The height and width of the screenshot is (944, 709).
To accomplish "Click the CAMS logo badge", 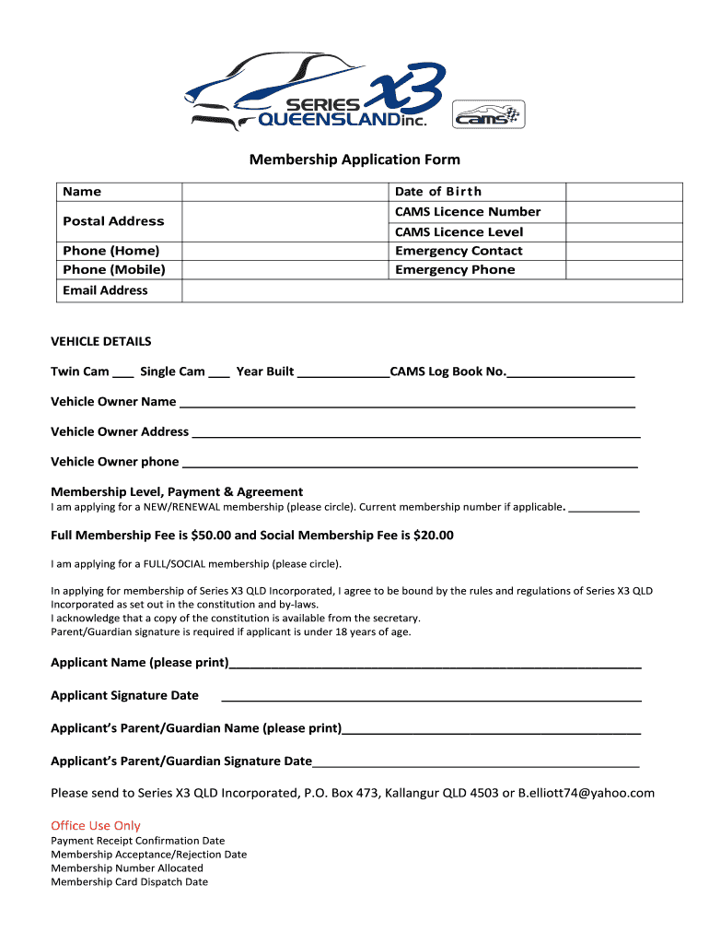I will [x=488, y=114].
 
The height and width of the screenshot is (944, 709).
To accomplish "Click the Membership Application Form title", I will [x=354, y=160].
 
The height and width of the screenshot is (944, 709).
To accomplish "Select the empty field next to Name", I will [x=285, y=192].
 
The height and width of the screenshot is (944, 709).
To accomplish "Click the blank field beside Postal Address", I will [x=285, y=221].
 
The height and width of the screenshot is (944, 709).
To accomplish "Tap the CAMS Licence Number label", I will [x=467, y=212].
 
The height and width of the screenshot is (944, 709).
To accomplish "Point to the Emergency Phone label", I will [x=455, y=270].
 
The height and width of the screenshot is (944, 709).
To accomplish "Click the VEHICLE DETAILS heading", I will [x=101, y=341].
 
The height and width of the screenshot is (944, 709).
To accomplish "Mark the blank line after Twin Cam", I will [x=123, y=373].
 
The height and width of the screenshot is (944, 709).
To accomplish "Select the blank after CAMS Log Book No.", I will [x=571, y=373].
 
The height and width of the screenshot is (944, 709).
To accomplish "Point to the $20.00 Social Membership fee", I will [x=434, y=536].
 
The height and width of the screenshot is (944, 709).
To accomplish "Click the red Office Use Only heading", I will [x=96, y=826].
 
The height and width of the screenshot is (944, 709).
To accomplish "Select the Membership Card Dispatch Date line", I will [x=129, y=882].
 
